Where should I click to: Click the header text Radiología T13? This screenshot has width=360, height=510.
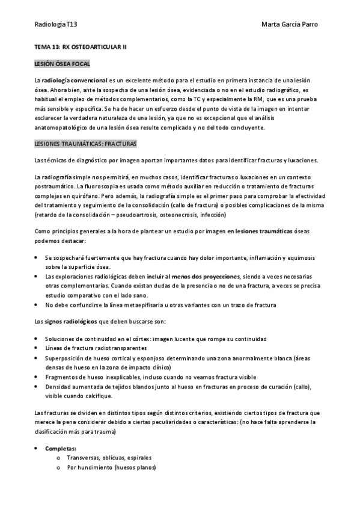[56, 25]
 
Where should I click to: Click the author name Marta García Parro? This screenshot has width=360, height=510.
[290, 25]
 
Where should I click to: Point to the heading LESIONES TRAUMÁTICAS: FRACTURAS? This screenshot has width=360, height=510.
[85, 144]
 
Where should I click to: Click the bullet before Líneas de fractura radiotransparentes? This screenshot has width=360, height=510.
[38, 349]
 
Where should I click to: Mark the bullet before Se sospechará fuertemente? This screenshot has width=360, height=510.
[38, 257]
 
